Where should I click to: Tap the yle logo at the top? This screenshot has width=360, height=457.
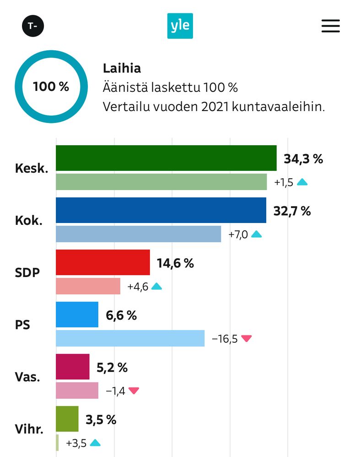[x=180, y=26]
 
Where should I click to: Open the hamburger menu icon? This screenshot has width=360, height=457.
[x=330, y=26]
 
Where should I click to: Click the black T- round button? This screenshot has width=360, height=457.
[x=33, y=26]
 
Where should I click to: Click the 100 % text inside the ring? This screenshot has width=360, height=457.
[x=51, y=86]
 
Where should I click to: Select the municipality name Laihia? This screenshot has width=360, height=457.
[x=122, y=69]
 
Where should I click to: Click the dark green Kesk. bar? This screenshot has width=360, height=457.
[x=166, y=158]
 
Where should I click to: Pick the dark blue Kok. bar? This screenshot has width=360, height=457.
[x=161, y=210]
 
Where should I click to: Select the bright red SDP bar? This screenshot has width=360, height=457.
[x=103, y=262]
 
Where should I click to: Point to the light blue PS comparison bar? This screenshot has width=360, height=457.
[x=130, y=338]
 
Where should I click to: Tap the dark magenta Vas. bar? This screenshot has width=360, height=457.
[x=72, y=367]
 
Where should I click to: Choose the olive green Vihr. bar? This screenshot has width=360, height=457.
[x=67, y=419]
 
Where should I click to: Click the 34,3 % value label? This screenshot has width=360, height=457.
[x=303, y=159]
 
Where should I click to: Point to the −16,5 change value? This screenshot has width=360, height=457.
[x=225, y=339]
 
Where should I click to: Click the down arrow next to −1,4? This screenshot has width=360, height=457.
[x=134, y=391]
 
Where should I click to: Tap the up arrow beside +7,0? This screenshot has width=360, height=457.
[x=257, y=234]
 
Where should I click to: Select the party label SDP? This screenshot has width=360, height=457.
[x=27, y=273]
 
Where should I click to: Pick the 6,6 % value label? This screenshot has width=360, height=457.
[x=121, y=315]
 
